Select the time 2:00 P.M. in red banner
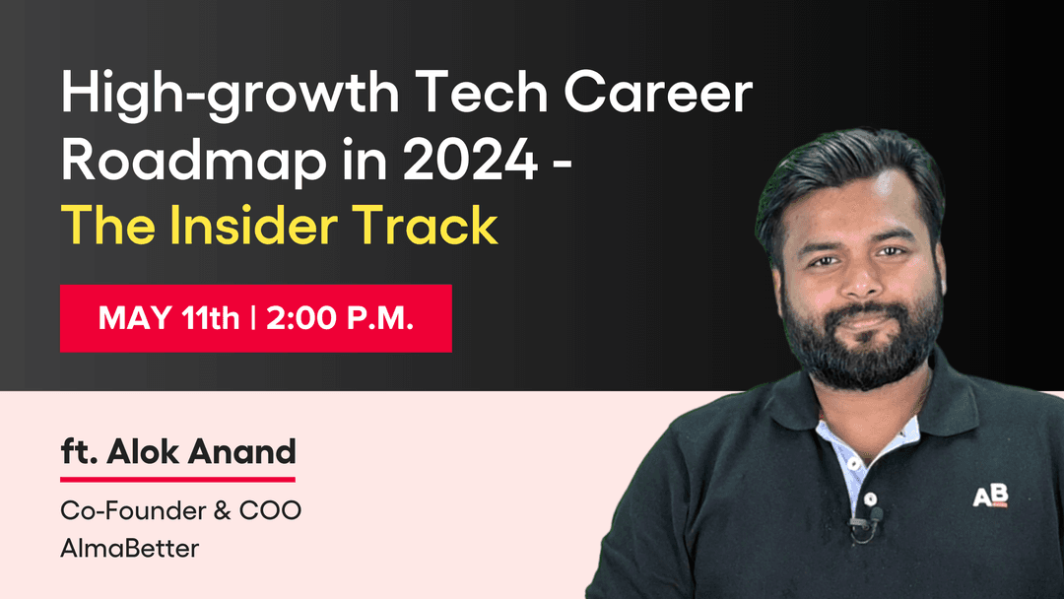[340, 318]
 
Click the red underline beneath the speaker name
[177, 479]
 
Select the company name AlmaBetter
[129, 548]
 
